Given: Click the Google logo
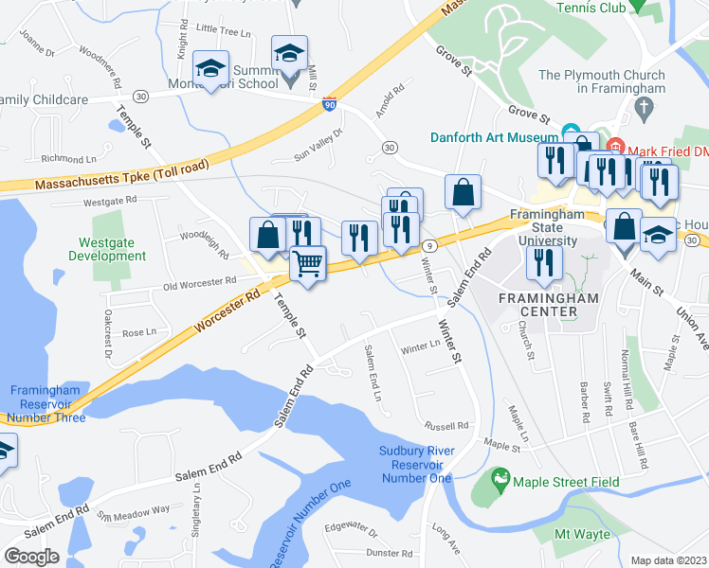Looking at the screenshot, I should [x=31, y=557].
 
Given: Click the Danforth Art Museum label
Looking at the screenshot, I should [x=493, y=136].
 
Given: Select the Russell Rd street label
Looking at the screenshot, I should [x=446, y=425].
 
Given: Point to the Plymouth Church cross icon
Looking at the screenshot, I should [x=645, y=107].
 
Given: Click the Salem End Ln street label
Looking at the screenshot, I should [x=372, y=371].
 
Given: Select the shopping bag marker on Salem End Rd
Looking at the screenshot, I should [x=463, y=192].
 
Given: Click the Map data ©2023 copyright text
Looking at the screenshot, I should [x=668, y=560].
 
